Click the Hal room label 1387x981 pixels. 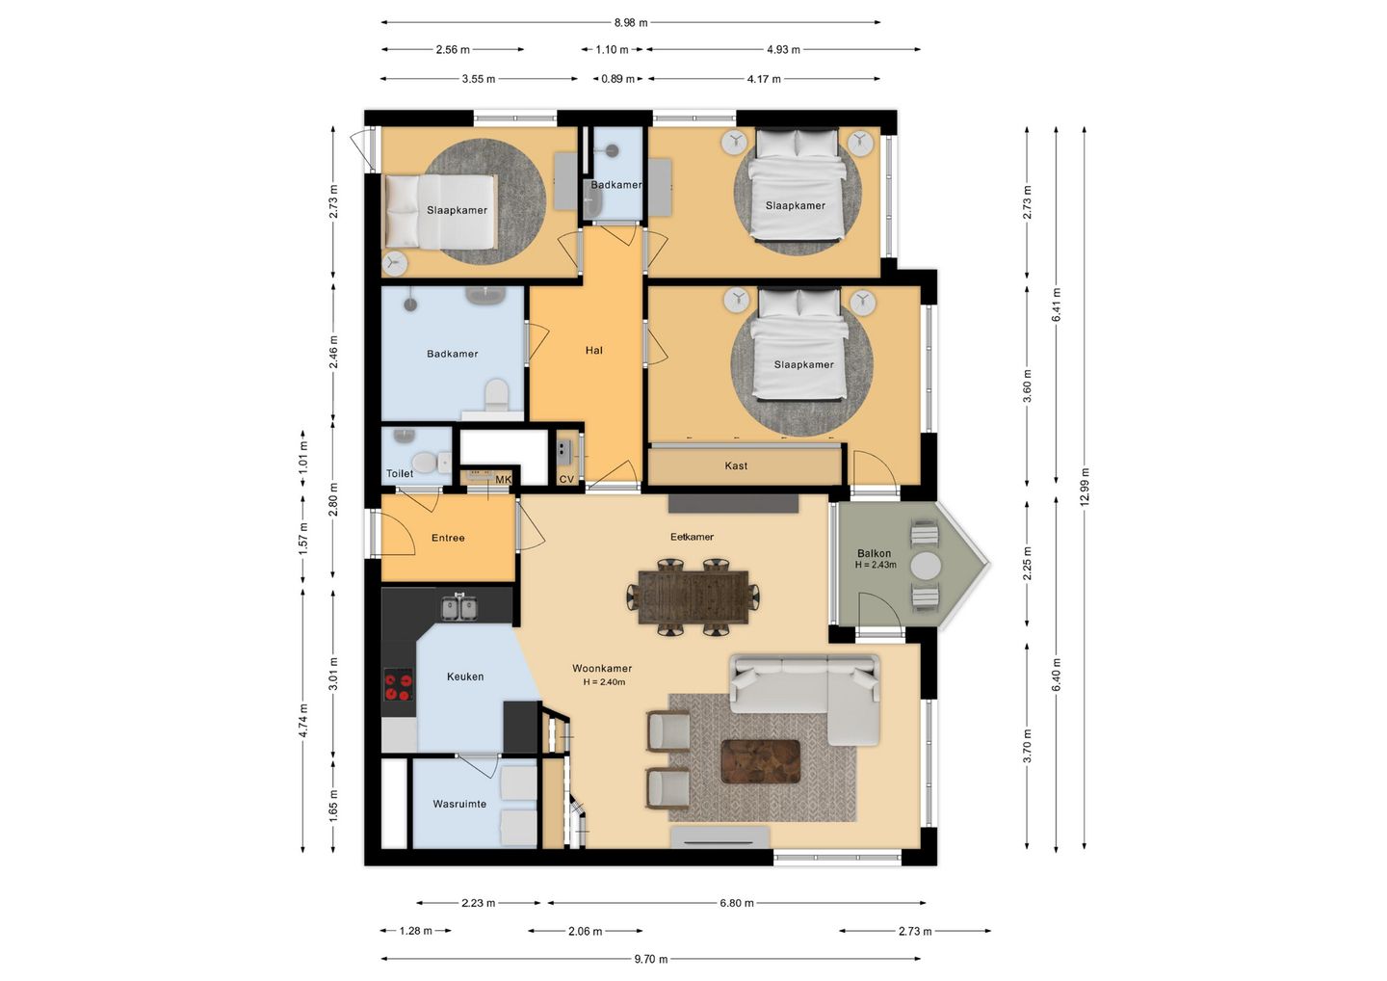coord(593,351)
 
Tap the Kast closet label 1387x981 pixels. coord(736,465)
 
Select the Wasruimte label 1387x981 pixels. coord(459,804)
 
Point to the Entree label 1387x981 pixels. coord(448,538)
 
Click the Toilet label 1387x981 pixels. coord(400,473)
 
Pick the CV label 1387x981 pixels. coord(566,479)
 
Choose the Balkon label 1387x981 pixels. coord(874,553)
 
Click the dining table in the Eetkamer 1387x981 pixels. coord(693,597)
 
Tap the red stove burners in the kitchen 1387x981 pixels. coord(398,687)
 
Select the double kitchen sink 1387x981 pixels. coord(458,607)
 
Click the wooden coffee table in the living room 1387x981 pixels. coord(760,760)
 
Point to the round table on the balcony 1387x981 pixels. coord(926,566)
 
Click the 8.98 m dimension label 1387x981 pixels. coord(630,23)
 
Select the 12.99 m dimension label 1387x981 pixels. coord(1084,487)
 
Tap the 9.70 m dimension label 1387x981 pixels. coord(651,960)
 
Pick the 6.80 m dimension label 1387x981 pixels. coord(736,903)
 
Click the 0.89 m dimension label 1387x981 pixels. coord(617,79)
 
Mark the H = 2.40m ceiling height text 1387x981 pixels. coord(604,682)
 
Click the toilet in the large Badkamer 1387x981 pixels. coord(496,394)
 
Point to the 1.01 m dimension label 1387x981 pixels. coord(302,457)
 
